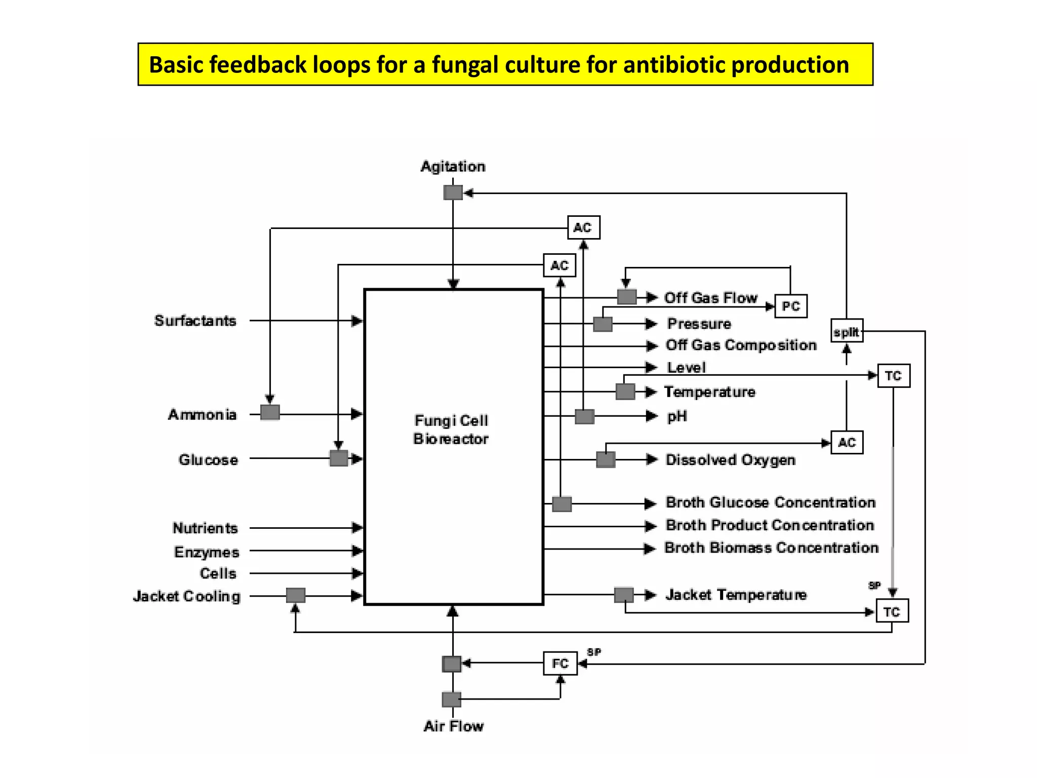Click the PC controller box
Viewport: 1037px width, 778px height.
(x=790, y=306)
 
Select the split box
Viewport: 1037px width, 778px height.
(x=847, y=331)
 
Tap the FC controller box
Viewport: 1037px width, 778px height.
(x=560, y=663)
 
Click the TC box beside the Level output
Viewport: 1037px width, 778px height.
(x=893, y=375)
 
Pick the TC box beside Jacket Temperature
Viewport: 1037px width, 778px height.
(x=892, y=611)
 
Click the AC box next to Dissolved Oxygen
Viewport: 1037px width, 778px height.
(x=847, y=442)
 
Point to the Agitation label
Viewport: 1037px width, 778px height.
(x=453, y=166)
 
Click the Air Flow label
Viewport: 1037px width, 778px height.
(x=453, y=726)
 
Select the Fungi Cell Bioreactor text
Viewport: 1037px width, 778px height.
(x=451, y=430)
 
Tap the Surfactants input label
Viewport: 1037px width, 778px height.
(x=195, y=321)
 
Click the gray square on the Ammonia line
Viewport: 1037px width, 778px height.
(x=270, y=412)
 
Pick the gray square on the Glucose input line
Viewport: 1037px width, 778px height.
(x=339, y=458)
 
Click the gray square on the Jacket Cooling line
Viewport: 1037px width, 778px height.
(x=296, y=595)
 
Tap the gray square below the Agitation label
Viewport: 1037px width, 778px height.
(x=453, y=192)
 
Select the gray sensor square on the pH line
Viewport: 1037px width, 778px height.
(x=584, y=416)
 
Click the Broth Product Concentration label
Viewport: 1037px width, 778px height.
(x=770, y=525)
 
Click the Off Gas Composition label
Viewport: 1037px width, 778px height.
(x=741, y=345)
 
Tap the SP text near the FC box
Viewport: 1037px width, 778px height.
(x=594, y=652)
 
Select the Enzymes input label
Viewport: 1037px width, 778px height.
(x=207, y=552)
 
